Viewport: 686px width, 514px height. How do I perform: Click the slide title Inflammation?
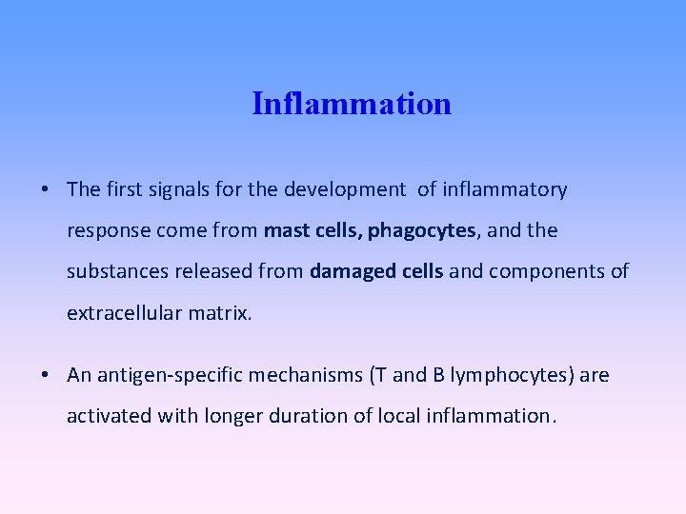click(352, 103)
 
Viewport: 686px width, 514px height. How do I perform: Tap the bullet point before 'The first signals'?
click(46, 189)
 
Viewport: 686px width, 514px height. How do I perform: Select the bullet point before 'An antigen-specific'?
click(46, 375)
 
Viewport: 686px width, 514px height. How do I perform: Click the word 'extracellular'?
click(124, 312)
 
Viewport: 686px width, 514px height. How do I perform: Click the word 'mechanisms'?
click(301, 375)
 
